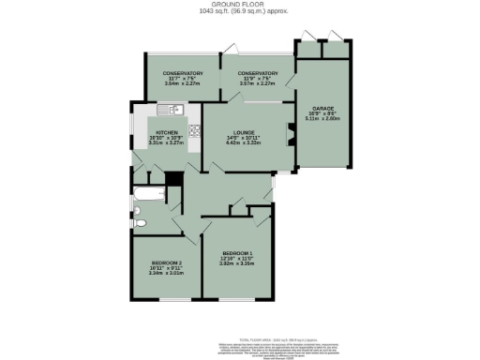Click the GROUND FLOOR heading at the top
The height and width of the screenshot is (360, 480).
pos(239,5)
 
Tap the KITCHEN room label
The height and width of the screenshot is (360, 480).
pos(167,133)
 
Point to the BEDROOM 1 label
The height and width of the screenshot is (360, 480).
pos(237,253)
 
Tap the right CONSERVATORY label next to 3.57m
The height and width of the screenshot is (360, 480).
pos(257,73)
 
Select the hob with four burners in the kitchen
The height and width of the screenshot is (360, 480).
pos(194,130)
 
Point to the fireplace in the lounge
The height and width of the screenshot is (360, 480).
pos(289,134)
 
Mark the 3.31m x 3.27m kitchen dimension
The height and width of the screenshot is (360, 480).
pos(167,143)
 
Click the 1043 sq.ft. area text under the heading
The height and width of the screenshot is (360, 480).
pos(239,12)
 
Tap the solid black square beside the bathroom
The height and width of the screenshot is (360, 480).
pos(172,179)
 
